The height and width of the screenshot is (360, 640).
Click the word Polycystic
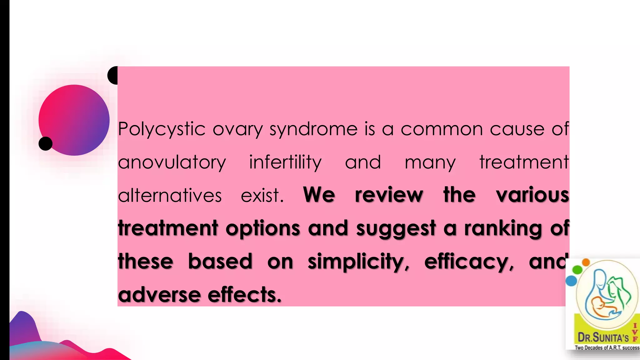(x=162, y=129)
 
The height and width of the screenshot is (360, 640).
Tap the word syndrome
(x=313, y=129)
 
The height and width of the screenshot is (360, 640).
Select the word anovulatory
(x=172, y=162)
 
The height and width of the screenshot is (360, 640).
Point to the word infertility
(x=285, y=162)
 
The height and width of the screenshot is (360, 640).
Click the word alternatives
(x=170, y=196)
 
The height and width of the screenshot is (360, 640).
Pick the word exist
(x=262, y=196)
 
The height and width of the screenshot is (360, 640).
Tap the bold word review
(x=389, y=195)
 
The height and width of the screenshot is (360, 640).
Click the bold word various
(x=532, y=195)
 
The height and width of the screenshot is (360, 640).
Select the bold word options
(x=263, y=229)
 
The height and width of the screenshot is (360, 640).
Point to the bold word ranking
(x=503, y=229)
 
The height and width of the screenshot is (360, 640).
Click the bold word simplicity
(x=358, y=262)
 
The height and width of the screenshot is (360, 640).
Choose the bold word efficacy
(x=469, y=262)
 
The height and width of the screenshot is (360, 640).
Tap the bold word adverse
(x=159, y=295)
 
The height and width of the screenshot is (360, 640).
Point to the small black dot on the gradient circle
(x=46, y=143)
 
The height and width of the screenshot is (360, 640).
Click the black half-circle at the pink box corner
(x=113, y=75)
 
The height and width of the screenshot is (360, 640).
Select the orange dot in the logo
(x=586, y=262)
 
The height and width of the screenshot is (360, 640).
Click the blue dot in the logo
(x=571, y=280)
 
